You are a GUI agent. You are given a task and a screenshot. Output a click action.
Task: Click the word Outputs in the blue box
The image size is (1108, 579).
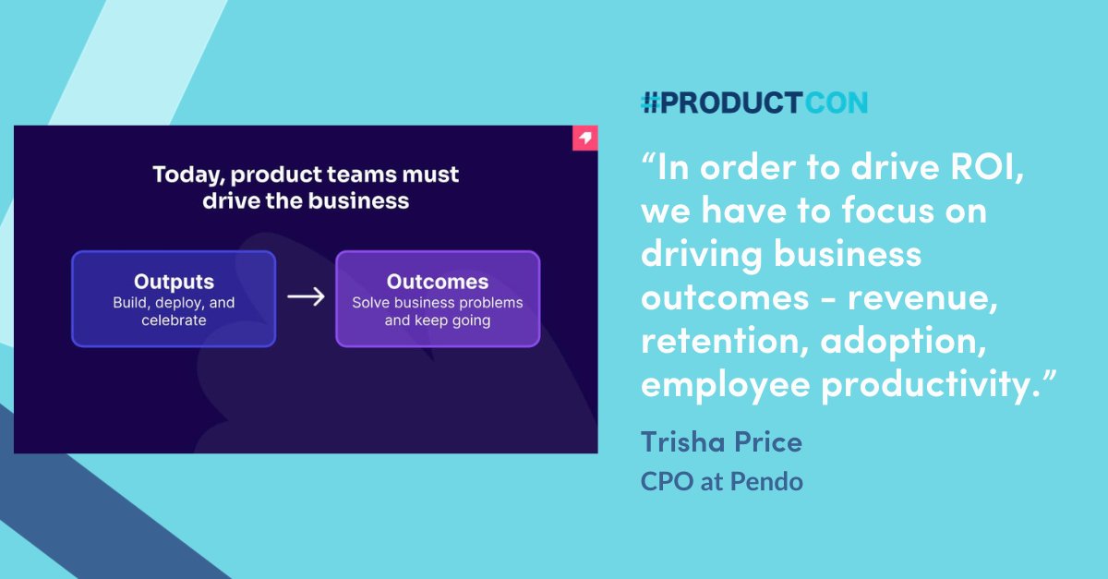point(174,282)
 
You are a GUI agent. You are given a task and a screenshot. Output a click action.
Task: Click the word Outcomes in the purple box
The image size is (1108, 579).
point(437,282)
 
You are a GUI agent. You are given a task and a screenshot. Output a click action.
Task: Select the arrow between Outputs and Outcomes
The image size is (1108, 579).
point(306,296)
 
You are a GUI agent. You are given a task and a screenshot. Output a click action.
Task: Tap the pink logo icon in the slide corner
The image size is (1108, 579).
point(584,139)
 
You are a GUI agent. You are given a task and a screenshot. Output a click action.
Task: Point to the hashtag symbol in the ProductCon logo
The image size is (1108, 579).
point(652,103)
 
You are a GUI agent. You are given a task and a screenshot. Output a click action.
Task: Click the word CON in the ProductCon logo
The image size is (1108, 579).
point(835,103)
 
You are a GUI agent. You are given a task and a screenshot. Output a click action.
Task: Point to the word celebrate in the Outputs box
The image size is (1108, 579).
point(174,320)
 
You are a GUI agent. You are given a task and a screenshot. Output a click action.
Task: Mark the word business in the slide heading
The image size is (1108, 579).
point(358,200)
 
